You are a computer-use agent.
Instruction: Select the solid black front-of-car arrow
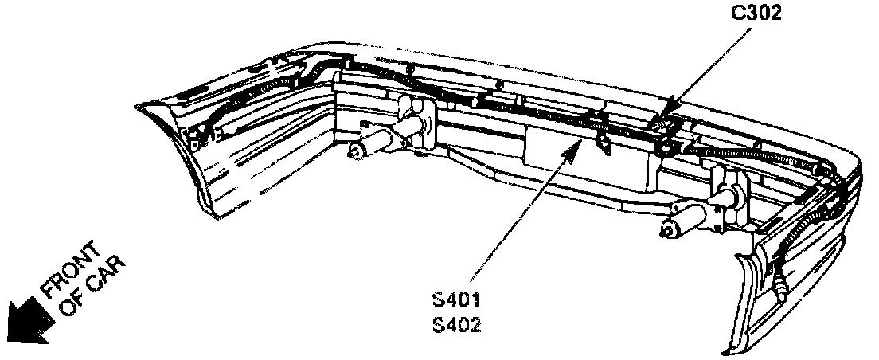[24, 323]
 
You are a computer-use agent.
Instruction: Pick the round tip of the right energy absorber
[666, 229]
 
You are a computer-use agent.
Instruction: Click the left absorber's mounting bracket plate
[412, 119]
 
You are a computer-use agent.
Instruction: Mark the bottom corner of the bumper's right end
[729, 350]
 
